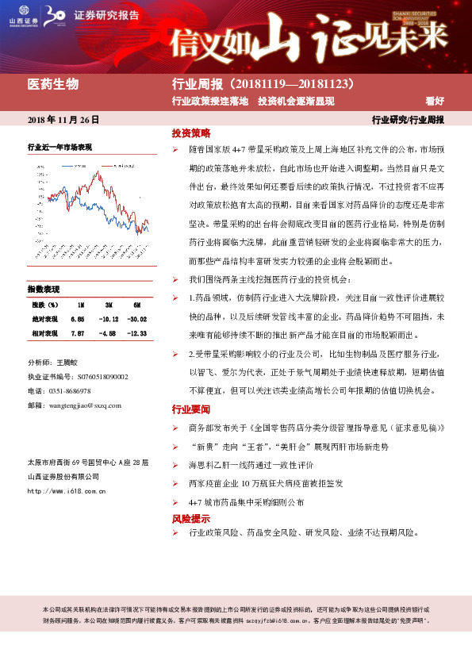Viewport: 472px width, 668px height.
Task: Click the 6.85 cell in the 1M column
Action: pos(77,318)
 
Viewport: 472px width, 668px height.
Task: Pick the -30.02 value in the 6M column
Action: pos(139,318)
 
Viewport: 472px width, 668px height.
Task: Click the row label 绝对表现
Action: pos(44,318)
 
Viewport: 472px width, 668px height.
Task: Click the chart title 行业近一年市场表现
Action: pos(59,148)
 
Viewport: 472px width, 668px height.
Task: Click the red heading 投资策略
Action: pos(191,132)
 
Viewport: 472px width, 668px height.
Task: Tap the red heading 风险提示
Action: pos(191,518)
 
